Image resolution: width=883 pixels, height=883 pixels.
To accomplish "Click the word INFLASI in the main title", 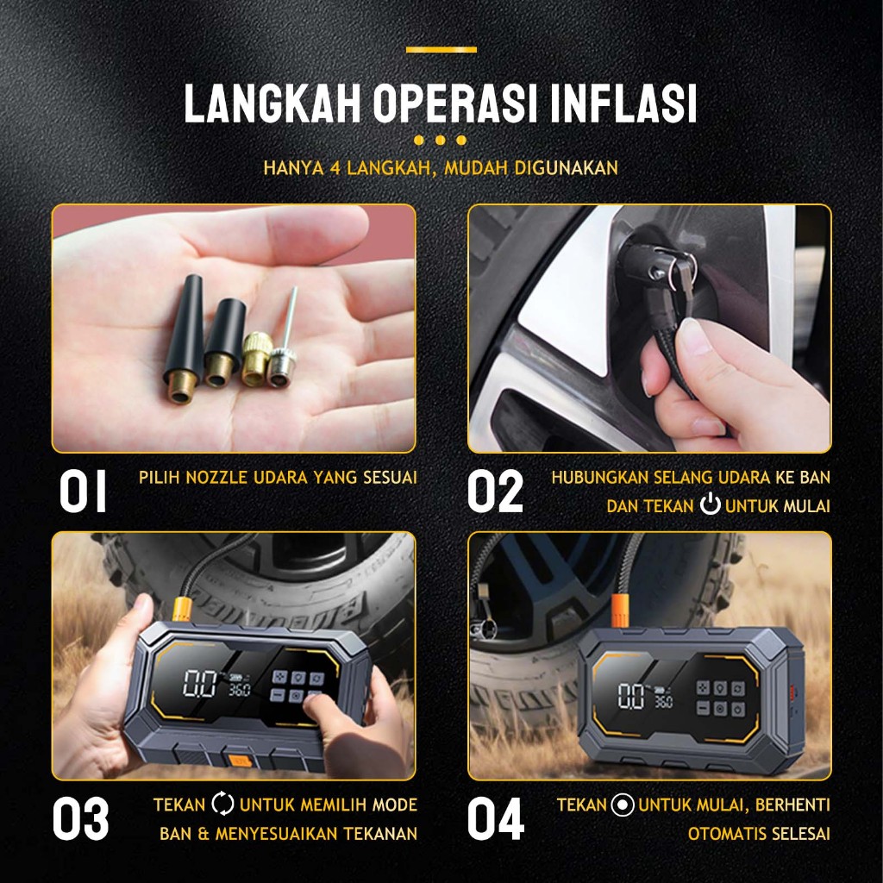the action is pos(623,103).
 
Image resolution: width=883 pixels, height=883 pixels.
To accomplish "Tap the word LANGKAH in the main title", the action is pos(272,103).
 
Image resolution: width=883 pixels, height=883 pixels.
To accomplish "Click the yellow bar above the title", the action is pos(441,49).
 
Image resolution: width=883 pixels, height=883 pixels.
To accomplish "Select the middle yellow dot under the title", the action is pos(441,140).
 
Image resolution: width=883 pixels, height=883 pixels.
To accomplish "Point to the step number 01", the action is pos(83,491).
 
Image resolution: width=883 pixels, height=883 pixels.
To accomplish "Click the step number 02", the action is pos(495,491).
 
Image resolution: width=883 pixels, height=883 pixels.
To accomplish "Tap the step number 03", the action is pos(80,818).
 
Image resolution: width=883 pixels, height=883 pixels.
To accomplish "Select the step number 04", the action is pos(496,818).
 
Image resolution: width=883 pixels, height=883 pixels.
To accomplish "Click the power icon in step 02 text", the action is pos(711,504).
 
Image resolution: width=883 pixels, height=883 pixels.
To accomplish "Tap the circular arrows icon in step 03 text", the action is pos(222,804).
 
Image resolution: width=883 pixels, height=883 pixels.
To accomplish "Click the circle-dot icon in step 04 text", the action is pos(623,805).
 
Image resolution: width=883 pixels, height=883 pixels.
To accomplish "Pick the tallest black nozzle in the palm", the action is pos(185,338).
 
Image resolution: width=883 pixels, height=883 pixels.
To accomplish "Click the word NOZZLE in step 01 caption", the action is pos(216,478).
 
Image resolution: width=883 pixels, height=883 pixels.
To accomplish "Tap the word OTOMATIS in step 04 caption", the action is pos(727,834).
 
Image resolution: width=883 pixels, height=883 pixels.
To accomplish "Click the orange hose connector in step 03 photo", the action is pos(183,609).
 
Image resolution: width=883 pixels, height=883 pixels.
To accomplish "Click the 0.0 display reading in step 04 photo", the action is pos(630,696).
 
